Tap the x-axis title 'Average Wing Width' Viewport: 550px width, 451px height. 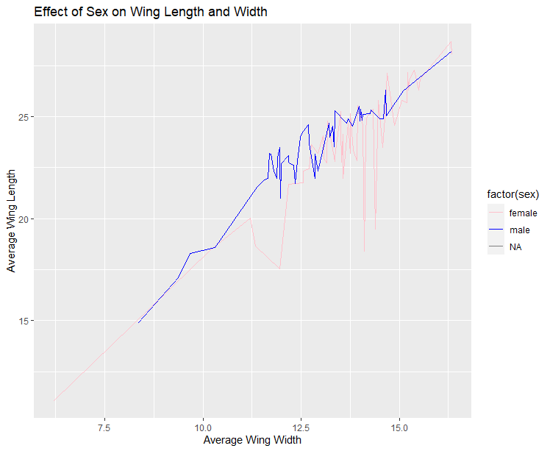(x=252, y=440)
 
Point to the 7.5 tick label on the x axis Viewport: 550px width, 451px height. (x=104, y=427)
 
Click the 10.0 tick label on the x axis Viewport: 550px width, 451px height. (x=203, y=427)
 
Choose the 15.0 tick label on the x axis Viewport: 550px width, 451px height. (x=400, y=427)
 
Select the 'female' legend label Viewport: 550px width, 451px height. (x=524, y=213)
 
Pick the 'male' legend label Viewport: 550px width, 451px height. (x=520, y=230)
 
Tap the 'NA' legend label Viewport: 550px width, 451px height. (x=516, y=248)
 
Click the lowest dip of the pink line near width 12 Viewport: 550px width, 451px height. (x=279, y=269)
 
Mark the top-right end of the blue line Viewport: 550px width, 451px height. (x=451, y=52)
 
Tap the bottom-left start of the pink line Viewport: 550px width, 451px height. (x=54, y=400)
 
